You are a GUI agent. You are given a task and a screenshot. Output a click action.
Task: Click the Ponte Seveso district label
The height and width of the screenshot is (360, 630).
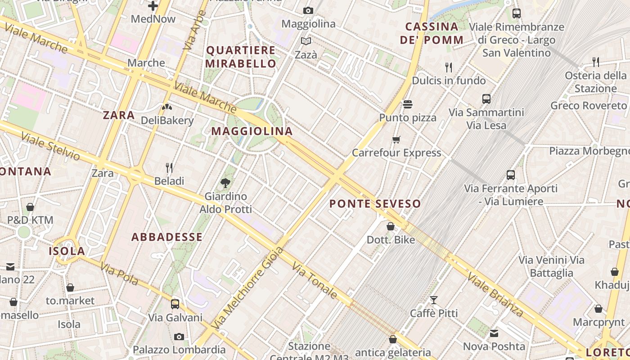tap(375, 204)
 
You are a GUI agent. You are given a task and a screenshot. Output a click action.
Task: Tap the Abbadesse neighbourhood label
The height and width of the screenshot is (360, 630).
tap(167, 237)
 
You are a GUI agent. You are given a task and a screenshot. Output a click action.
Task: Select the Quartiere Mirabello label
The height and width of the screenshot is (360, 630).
tap(241, 57)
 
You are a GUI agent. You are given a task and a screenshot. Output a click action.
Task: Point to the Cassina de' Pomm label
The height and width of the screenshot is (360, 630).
tap(432, 33)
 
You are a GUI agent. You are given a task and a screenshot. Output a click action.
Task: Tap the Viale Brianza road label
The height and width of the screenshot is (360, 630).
tap(495, 294)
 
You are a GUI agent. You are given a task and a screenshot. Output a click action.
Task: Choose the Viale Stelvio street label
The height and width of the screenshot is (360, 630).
tap(50, 146)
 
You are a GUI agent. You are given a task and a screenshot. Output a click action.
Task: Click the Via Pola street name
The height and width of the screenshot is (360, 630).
tap(119, 274)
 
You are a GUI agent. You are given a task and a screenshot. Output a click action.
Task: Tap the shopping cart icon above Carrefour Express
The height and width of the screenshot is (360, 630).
tap(396, 139)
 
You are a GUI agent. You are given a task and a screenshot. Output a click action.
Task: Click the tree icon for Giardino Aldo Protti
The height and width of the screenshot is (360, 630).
tap(225, 183)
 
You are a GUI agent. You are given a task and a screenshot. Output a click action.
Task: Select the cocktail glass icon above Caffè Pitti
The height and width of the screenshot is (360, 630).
tap(434, 300)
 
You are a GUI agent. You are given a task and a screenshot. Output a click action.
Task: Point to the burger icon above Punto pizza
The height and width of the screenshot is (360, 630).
tap(408, 104)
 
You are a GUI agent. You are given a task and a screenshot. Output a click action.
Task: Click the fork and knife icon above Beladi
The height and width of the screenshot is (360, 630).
tap(169, 168)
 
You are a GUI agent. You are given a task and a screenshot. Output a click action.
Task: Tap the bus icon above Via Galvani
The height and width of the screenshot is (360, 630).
tap(175, 304)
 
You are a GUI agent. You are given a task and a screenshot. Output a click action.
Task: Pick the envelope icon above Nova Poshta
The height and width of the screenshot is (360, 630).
tap(494, 333)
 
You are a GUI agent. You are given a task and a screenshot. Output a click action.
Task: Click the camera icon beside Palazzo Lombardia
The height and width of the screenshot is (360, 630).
tap(179, 337)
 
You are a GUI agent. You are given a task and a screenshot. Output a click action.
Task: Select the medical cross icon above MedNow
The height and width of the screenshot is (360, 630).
tap(153, 6)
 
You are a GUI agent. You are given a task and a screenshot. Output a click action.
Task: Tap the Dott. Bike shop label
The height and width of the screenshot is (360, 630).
tap(391, 240)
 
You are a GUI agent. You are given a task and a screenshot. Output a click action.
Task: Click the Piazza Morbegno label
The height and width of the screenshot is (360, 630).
tap(589, 151)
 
